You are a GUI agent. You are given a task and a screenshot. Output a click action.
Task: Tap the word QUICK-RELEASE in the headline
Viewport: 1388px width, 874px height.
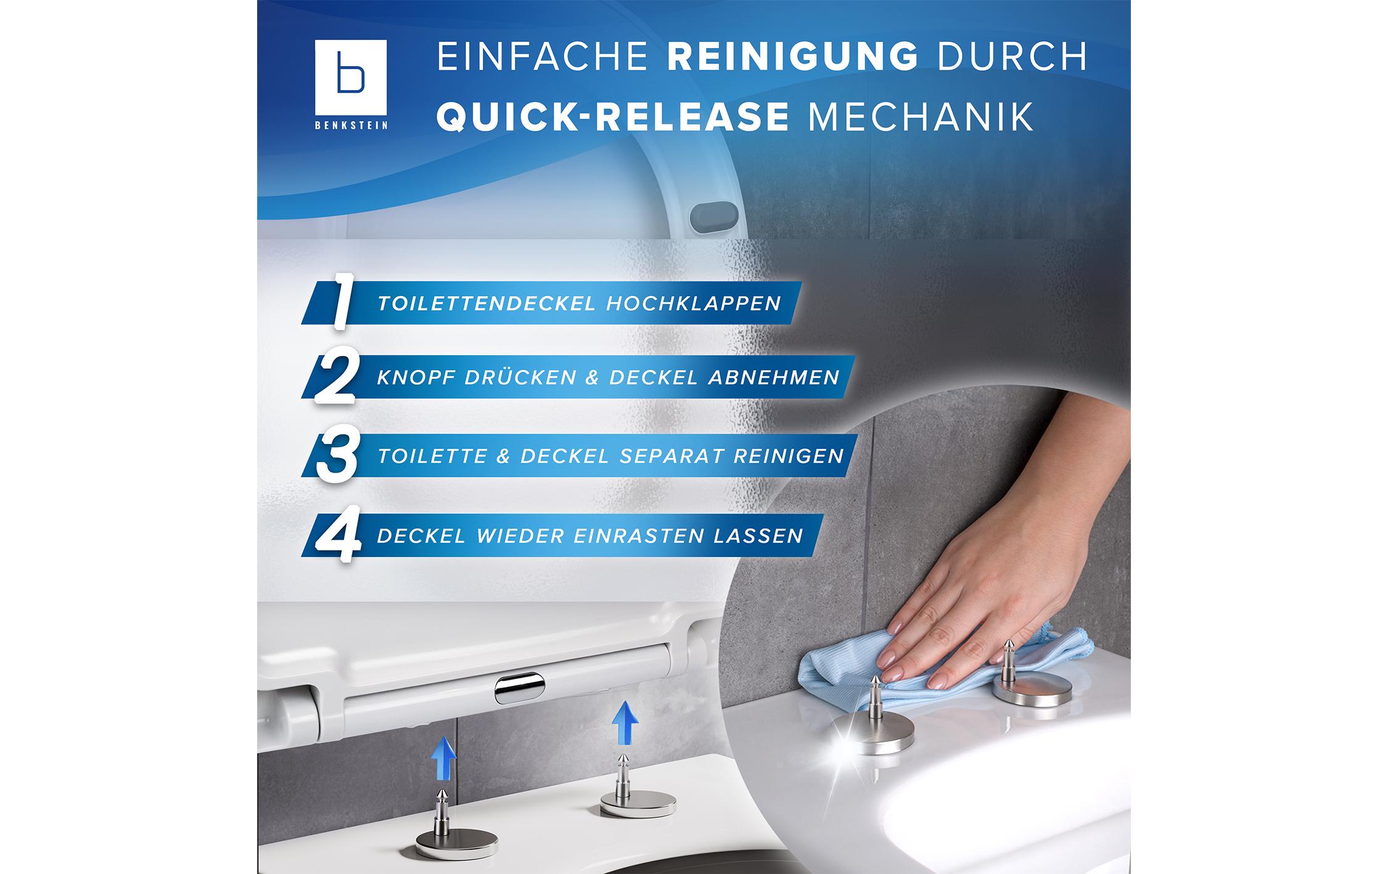click(613, 116)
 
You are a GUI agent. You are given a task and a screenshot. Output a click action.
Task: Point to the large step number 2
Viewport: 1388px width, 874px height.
click(335, 377)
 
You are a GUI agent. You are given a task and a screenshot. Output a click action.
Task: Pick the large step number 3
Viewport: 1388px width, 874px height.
click(336, 456)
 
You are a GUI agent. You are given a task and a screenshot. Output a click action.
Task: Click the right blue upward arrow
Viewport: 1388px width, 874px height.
click(625, 722)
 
